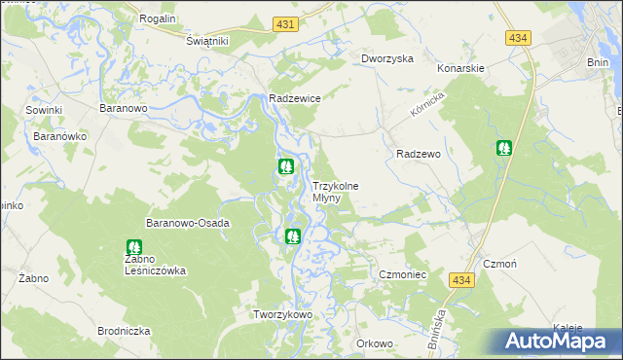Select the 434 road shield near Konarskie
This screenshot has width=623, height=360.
(518, 37)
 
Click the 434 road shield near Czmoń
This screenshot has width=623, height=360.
(462, 280)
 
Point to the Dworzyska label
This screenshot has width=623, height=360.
(387, 58)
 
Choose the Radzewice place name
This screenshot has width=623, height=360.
(295, 98)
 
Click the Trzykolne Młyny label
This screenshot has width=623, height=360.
(334, 192)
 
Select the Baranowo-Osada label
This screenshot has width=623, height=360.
(188, 223)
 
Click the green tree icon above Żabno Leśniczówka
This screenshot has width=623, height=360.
(133, 248)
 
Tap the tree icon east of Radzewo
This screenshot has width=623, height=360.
(504, 148)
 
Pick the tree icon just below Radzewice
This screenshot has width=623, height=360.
(286, 166)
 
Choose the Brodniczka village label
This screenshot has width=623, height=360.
(124, 331)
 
